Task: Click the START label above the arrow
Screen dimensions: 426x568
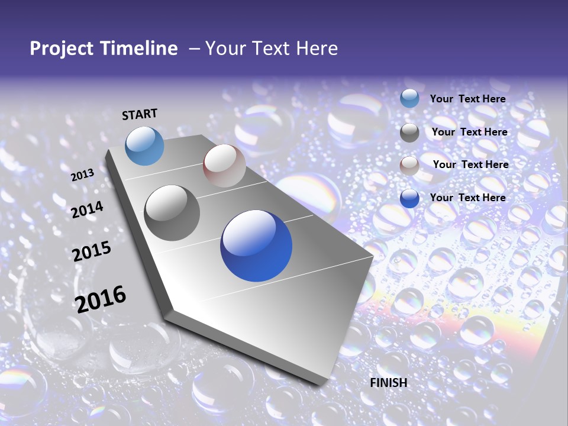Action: coord(140,114)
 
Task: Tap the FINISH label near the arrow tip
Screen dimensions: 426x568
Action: coord(389,383)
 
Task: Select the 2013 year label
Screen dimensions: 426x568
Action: coord(83,175)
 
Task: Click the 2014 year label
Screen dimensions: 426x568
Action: coord(88,209)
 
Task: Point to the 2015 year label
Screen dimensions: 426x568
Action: coord(92,251)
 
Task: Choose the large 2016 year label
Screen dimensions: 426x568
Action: coord(101,299)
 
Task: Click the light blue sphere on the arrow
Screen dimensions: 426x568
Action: coord(144,146)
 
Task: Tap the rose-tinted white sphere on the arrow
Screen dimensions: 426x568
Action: coord(224,166)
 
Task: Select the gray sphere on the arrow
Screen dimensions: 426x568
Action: coord(172,213)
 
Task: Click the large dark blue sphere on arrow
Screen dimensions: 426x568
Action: coord(256,246)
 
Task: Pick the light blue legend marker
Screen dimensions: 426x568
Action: coord(409,99)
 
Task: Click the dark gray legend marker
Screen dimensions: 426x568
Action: coord(409,133)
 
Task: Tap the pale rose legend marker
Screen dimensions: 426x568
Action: coord(409,166)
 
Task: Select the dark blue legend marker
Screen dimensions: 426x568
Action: coord(409,198)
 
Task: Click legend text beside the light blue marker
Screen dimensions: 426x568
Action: coord(467,99)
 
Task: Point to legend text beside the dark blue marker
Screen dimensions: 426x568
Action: coord(467,198)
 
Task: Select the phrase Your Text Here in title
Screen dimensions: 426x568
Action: coord(272,49)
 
